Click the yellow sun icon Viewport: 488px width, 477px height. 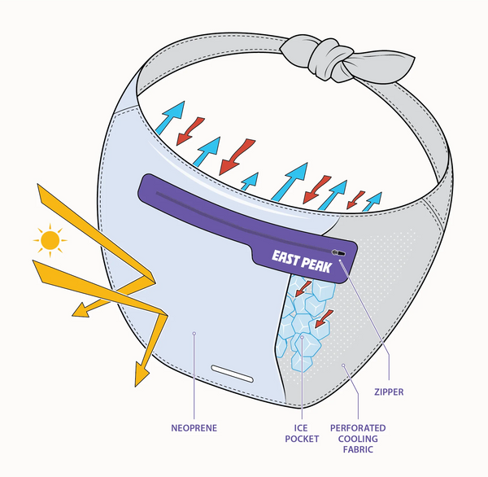tap(50, 240)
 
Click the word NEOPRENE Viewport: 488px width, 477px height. tap(194, 426)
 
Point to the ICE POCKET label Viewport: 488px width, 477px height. tap(302, 434)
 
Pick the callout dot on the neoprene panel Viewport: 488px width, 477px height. tap(195, 333)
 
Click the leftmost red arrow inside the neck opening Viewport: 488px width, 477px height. tap(192, 129)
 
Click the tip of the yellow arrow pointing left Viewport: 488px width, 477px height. tap(74, 310)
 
